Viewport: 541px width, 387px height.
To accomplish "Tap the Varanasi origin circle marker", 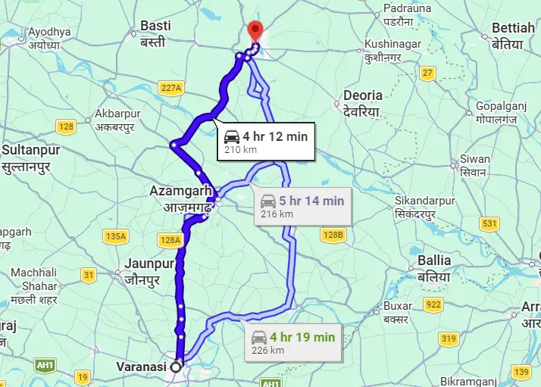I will click(x=177, y=367).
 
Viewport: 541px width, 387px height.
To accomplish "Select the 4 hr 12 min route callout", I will click(x=265, y=142).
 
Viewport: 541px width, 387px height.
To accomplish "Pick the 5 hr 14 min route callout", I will click(x=302, y=206).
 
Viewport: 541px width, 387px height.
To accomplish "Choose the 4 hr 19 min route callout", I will click(x=291, y=342).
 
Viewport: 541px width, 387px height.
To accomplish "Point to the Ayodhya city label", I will click(x=49, y=38).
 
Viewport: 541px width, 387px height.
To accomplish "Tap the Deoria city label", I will click(x=363, y=103).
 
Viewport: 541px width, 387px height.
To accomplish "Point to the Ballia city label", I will click(x=434, y=267).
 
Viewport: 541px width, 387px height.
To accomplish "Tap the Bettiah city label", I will click(x=513, y=35).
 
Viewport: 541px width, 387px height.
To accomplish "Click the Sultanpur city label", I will click(x=31, y=156).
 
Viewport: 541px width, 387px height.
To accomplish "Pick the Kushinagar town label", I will click(x=392, y=50).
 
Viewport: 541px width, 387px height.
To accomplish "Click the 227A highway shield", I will click(x=172, y=89).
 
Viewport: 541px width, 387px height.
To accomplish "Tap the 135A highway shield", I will click(x=116, y=236).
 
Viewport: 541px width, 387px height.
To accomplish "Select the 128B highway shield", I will click(x=333, y=235).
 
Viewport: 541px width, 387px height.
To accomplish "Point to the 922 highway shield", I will click(x=433, y=304).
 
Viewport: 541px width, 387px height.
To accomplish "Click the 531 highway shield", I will click(x=489, y=223).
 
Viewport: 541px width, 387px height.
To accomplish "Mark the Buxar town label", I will click(x=398, y=312).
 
